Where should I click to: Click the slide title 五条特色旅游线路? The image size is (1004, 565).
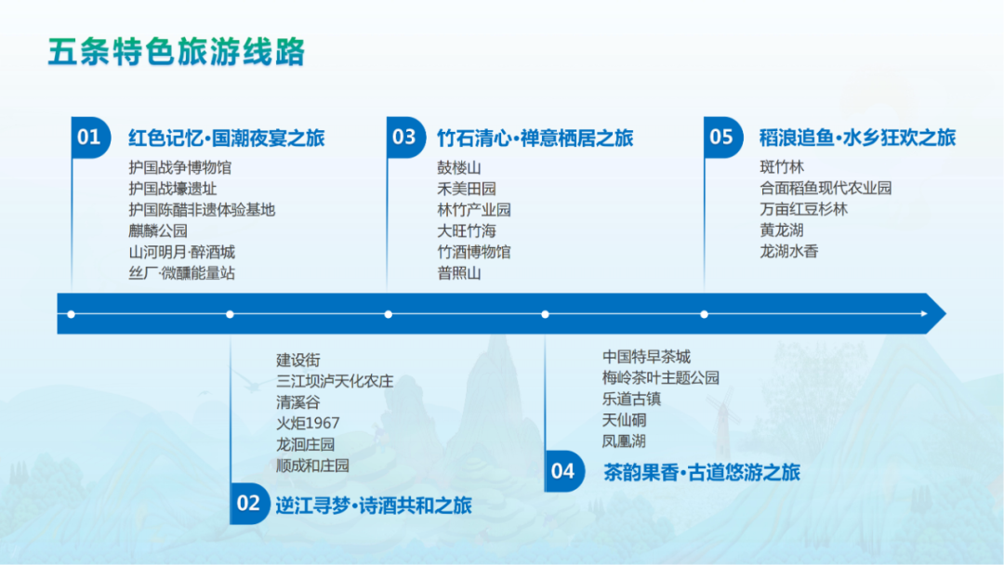[176, 52]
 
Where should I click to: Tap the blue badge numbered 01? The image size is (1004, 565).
[90, 137]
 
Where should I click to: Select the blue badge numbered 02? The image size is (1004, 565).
[249, 504]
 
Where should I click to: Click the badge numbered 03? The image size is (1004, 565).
[406, 137]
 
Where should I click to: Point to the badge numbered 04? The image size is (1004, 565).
[564, 471]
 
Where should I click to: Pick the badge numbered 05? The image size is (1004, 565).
[723, 137]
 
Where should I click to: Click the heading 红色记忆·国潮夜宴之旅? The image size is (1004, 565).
[227, 138]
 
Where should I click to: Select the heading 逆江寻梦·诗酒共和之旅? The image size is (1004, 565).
[374, 506]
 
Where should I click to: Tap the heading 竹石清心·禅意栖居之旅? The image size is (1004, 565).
[535, 138]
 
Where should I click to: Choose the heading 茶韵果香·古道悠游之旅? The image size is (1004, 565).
[702, 472]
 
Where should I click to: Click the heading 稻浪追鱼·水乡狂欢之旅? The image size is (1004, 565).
[857, 138]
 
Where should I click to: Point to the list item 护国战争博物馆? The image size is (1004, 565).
[180, 167]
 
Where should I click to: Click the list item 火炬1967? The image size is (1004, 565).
[308, 423]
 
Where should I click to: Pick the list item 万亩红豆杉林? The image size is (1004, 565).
[803, 208]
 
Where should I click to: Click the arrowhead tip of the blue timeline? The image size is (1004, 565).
[945, 313]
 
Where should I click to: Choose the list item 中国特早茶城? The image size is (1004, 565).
[646, 357]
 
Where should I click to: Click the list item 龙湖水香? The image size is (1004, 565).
[789, 251]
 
